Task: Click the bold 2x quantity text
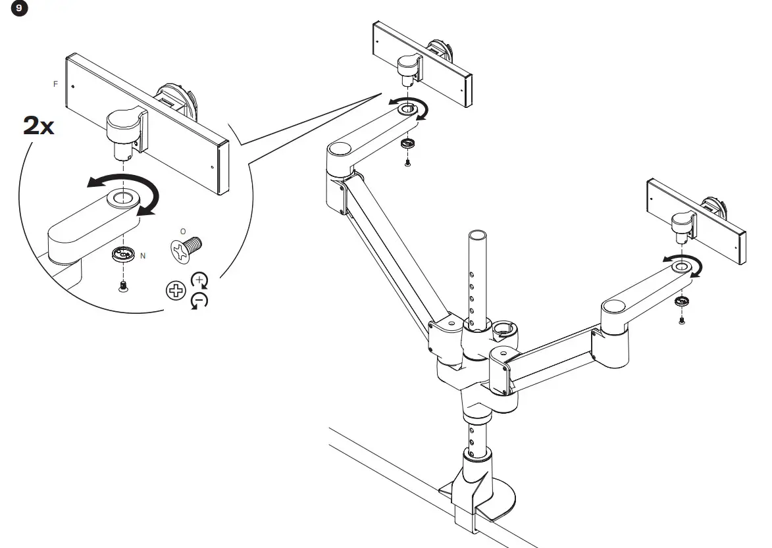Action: coord(39,124)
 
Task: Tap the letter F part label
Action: coord(55,84)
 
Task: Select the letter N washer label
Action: coord(143,255)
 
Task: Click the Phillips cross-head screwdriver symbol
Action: coord(175,290)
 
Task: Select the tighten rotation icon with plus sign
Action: coord(198,280)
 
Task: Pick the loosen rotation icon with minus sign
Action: coord(198,301)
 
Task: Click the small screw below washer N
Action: coord(122,286)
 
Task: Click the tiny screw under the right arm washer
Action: coord(682,320)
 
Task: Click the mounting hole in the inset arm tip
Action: coord(120,197)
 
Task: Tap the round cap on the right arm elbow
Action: coord(613,307)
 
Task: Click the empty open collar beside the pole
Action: coord(505,327)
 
